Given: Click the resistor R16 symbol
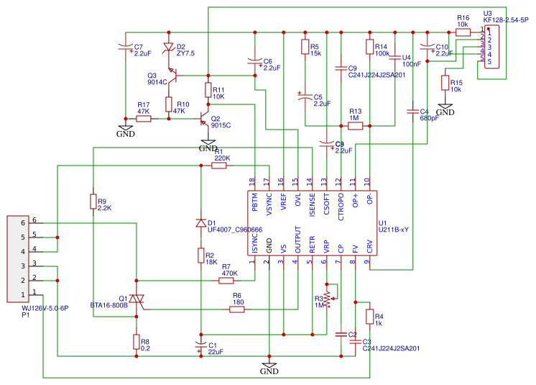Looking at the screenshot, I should coord(463,32).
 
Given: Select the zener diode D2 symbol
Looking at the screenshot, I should coord(168,48).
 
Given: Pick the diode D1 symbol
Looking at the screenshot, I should coord(201,223).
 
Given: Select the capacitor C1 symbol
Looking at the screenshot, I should coord(201,344).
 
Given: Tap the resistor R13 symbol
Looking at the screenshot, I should coord(355,126).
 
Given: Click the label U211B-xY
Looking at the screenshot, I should coord(393,230).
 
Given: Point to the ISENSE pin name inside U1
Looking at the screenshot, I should coord(312,204).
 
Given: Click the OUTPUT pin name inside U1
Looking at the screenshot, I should coord(297,240).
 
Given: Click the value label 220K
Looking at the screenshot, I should coord(223,158).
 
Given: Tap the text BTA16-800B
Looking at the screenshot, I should coord(108,305).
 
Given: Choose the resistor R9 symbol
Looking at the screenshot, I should coord(93,202).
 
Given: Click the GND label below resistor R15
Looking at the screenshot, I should coord(445,113).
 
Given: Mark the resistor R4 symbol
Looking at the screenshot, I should coord(369,317).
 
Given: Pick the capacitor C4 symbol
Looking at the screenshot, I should coord(412,112).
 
